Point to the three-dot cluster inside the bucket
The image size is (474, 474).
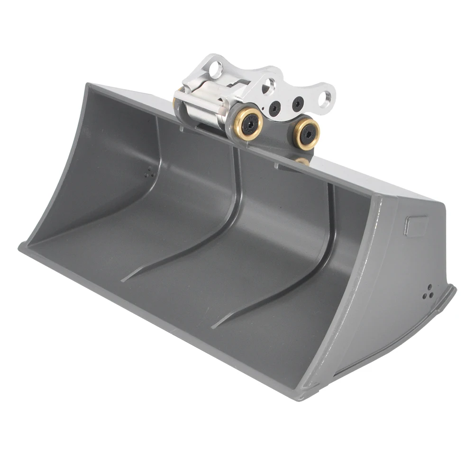pyautogui.click(x=150, y=173)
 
